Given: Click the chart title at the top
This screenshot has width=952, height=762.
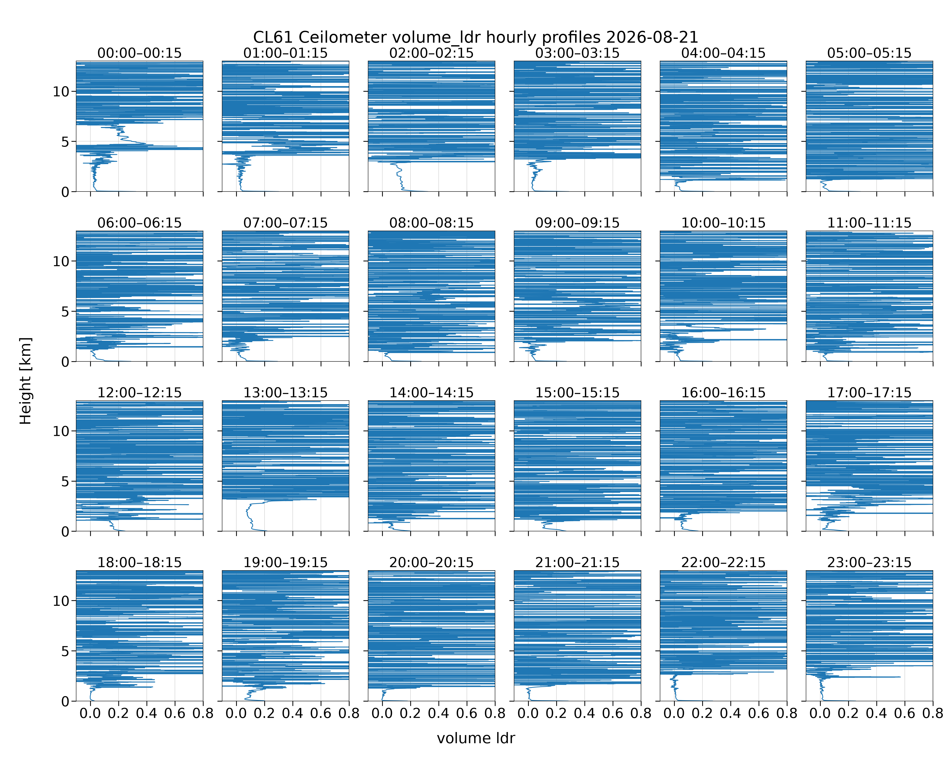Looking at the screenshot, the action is (475, 37).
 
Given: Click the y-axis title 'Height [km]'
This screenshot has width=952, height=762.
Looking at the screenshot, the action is (26, 381).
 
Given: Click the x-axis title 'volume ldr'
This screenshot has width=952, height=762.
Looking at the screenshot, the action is (475, 738).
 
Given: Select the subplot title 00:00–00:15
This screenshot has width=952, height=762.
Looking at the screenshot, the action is (140, 53).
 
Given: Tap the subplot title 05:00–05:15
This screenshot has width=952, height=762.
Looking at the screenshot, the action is (869, 53).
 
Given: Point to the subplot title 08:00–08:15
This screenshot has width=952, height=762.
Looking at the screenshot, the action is (431, 223).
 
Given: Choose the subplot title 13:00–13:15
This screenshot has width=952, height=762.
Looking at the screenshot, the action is (286, 393).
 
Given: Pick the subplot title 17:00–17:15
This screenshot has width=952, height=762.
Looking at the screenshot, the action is (869, 393).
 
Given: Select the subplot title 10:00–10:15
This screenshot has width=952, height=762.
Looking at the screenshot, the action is (723, 223).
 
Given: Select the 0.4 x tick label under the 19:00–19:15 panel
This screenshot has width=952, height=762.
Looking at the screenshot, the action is (292, 713).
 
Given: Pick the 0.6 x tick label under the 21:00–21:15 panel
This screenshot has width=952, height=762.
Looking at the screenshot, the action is (612, 713).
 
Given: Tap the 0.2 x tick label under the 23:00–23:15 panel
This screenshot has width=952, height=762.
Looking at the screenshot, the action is (848, 713).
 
